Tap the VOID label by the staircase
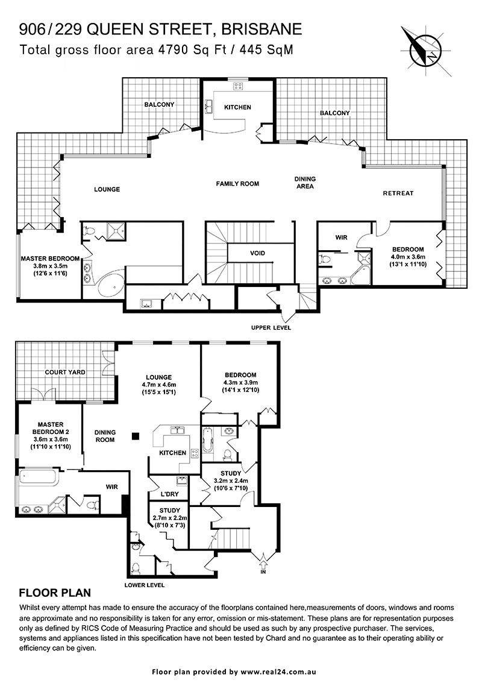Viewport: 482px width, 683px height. click(x=257, y=253)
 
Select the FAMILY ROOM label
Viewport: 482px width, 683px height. click(x=237, y=184)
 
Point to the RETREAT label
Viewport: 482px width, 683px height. click(x=398, y=193)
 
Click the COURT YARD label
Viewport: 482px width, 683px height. click(x=65, y=372)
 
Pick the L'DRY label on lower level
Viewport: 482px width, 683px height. click(x=169, y=495)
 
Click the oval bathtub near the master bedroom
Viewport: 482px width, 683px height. click(x=111, y=287)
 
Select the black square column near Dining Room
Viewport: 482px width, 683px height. click(x=136, y=436)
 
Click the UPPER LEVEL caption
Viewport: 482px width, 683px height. click(x=271, y=327)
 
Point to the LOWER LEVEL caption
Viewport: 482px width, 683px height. click(x=144, y=585)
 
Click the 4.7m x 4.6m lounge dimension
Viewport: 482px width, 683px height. click(x=159, y=385)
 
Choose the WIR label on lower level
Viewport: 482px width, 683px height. click(x=112, y=486)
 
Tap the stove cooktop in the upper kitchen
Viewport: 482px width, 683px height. click(x=238, y=86)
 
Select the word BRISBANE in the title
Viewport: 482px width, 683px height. click(x=261, y=30)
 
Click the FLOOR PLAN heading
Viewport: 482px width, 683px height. click(x=55, y=593)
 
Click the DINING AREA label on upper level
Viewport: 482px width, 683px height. click(x=305, y=183)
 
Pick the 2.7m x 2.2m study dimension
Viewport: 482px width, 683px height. click(x=170, y=518)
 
